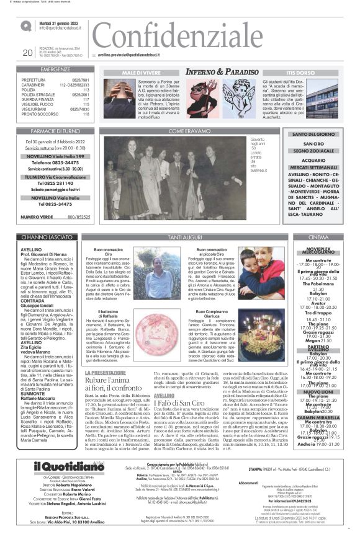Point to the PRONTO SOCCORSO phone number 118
(86, 114)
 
